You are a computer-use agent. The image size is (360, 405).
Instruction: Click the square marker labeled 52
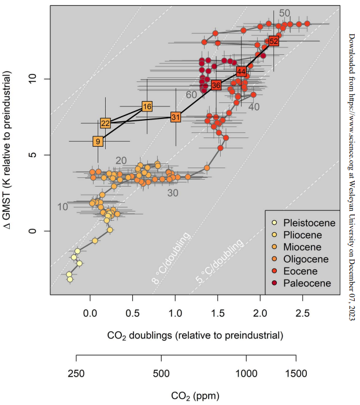[x=273, y=41]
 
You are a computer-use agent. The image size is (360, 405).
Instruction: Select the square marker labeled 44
[x=242, y=72]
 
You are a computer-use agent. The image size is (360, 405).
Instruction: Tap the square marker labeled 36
[x=216, y=85]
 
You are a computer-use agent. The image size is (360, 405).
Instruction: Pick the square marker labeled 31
[x=176, y=117]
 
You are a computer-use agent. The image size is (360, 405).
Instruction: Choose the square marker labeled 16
[x=147, y=106]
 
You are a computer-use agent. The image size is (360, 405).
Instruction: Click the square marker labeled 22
[x=105, y=123]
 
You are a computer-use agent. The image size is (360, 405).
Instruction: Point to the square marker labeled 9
[x=98, y=141]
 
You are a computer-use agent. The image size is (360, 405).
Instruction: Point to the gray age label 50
[x=284, y=13]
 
